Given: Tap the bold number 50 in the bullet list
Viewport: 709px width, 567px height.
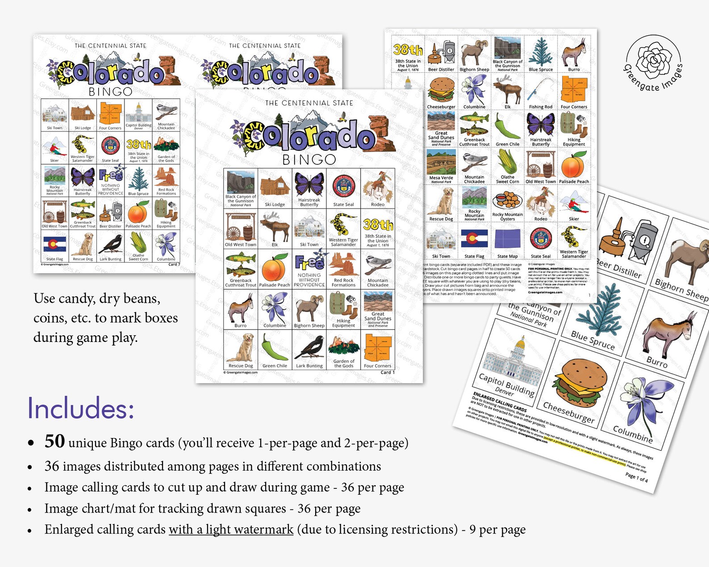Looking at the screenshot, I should (x=54, y=441).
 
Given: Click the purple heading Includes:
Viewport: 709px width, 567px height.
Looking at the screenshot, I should (x=81, y=408).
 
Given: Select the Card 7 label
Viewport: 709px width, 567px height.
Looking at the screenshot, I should (x=174, y=264).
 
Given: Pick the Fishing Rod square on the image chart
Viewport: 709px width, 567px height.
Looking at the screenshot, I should (x=541, y=92).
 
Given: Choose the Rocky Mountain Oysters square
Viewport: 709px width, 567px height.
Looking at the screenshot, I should (x=508, y=204).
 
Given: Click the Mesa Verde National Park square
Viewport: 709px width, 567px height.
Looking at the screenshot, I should (x=441, y=166).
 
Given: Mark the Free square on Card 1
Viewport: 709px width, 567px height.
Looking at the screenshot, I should (x=309, y=269).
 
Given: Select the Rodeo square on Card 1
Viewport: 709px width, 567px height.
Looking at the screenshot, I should (x=378, y=188).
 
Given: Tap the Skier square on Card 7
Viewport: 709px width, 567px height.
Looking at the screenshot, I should (x=54, y=148).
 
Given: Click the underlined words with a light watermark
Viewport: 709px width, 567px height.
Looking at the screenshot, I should (x=231, y=529).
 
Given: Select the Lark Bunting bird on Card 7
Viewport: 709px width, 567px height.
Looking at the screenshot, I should (x=110, y=246).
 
